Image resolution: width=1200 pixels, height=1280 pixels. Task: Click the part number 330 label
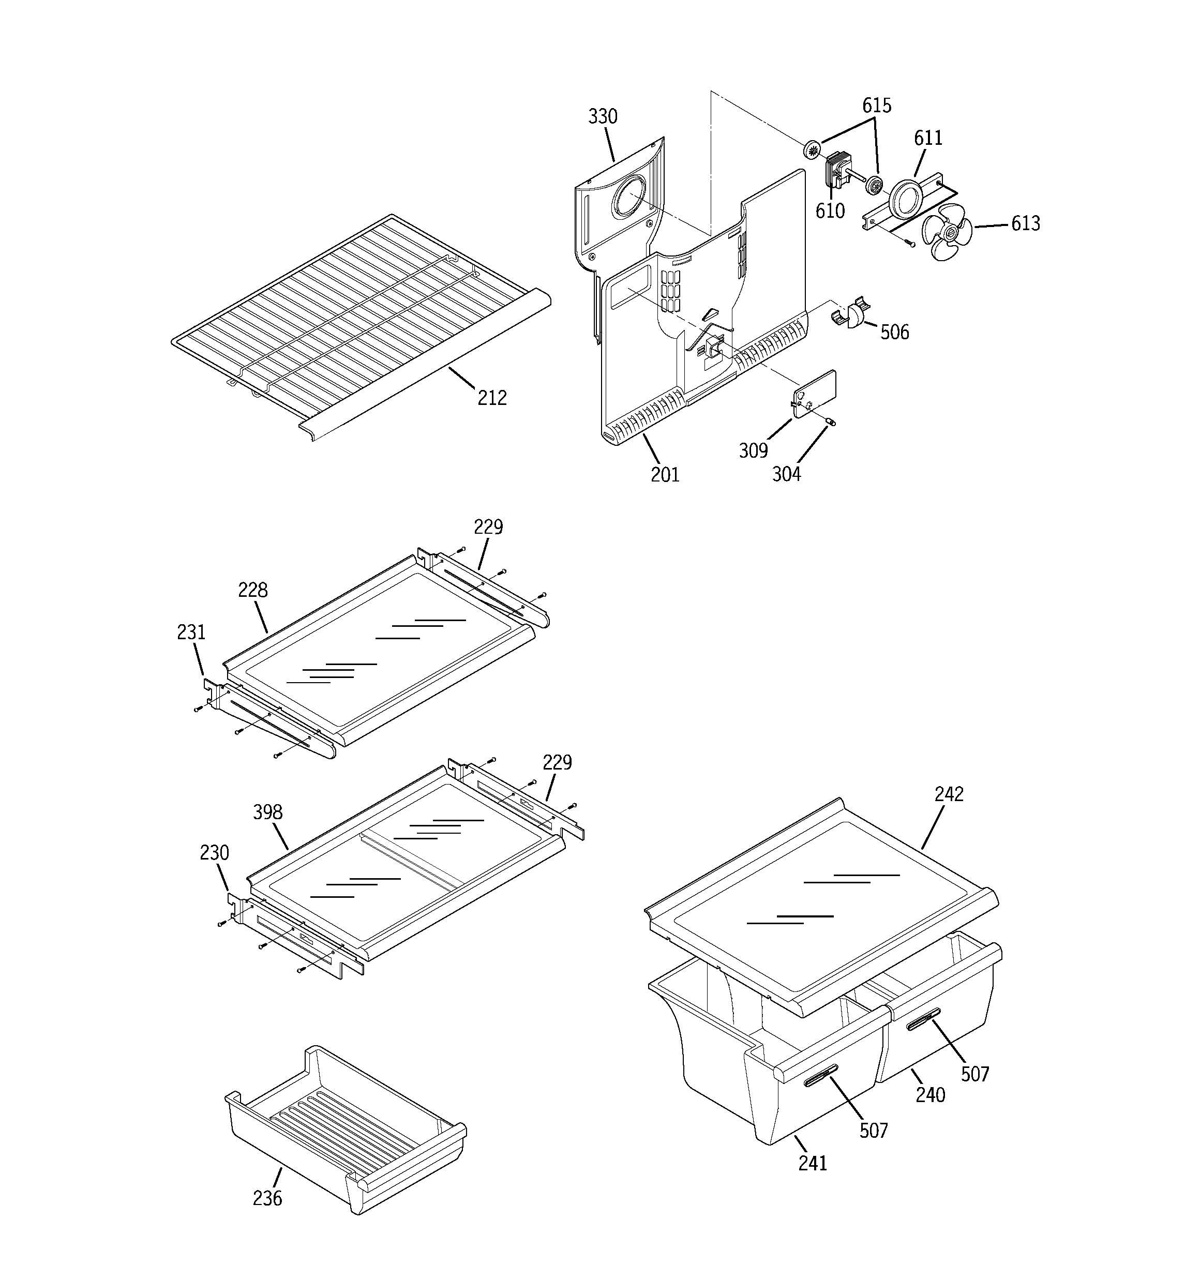click(602, 116)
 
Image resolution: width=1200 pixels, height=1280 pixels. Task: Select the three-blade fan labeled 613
click(945, 237)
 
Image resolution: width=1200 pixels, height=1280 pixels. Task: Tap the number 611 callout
click(928, 138)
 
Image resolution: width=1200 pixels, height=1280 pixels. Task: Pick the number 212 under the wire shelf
click(491, 398)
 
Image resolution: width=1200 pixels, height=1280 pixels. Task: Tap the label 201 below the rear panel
click(665, 475)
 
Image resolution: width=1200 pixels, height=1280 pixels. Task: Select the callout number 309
click(753, 450)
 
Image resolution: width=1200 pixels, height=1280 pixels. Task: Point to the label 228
click(252, 590)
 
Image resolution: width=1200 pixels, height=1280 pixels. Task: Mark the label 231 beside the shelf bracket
click(191, 633)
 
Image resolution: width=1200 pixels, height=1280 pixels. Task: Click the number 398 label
click(267, 812)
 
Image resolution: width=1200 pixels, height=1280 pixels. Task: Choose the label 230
click(214, 853)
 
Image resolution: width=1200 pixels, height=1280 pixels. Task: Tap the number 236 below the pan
click(267, 1198)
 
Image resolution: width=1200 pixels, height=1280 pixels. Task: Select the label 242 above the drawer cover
click(949, 794)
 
